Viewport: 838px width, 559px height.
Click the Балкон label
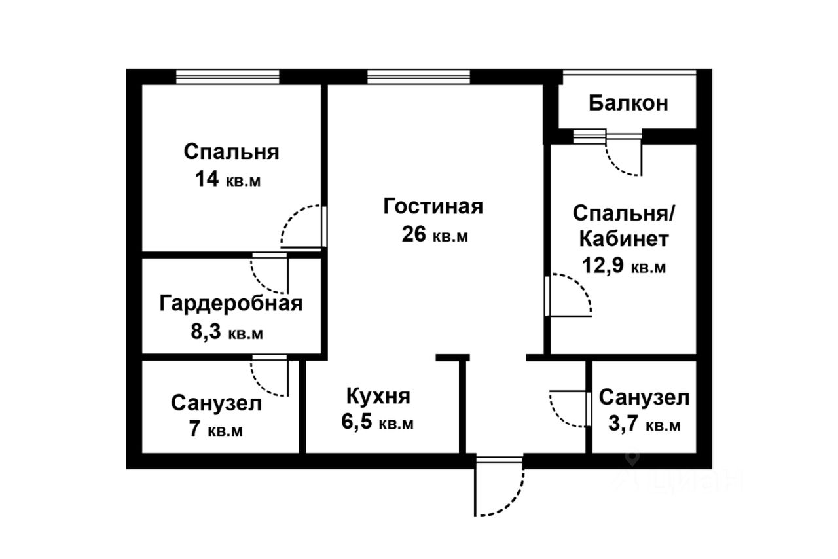pyautogui.click(x=628, y=103)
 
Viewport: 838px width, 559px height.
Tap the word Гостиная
pyautogui.click(x=433, y=206)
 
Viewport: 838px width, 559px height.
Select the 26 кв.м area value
pyautogui.click(x=435, y=234)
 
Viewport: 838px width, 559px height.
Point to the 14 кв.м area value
pyautogui.click(x=227, y=179)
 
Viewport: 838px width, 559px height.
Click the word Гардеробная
pyautogui.click(x=231, y=304)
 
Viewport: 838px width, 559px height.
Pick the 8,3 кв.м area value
pyautogui.click(x=227, y=331)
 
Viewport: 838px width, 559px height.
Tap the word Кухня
pyautogui.click(x=378, y=396)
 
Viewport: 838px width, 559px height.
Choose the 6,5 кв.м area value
pyautogui.click(x=377, y=422)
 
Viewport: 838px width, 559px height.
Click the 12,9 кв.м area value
pyautogui.click(x=624, y=266)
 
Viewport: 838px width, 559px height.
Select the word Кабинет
pyautogui.click(x=624, y=239)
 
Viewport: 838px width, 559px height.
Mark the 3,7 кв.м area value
pyautogui.click(x=644, y=424)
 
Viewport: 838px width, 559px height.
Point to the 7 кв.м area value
pyautogui.click(x=216, y=429)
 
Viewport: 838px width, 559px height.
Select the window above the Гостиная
pyautogui.click(x=418, y=77)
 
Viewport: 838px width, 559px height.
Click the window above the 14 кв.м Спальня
pyautogui.click(x=227, y=77)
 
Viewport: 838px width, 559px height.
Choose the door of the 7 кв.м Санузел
pyautogui.click(x=269, y=377)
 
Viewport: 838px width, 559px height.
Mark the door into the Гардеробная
pyautogui.click(x=269, y=275)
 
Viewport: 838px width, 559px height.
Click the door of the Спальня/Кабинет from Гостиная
pyautogui.click(x=568, y=296)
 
